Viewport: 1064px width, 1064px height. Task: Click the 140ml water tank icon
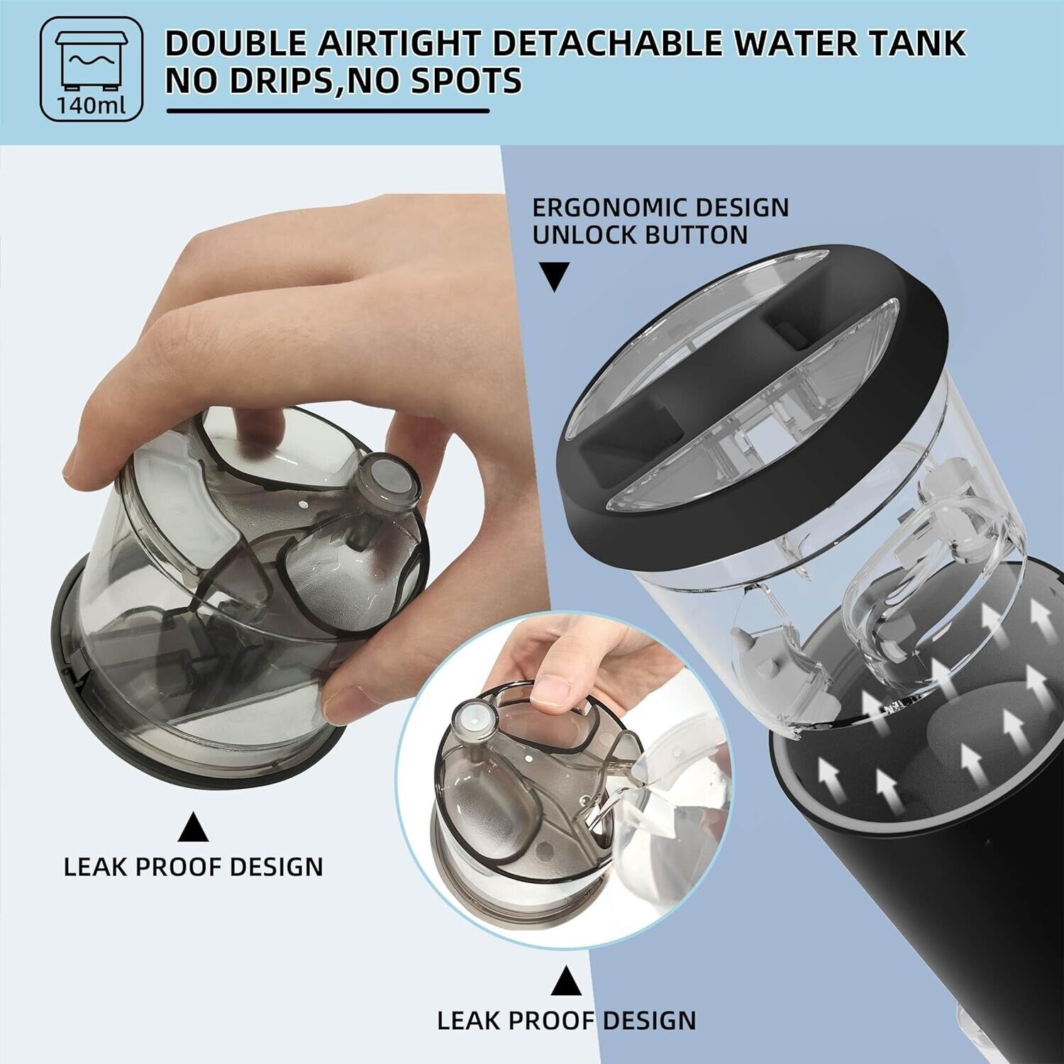pyautogui.click(x=92, y=69)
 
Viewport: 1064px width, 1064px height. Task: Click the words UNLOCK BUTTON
pyautogui.click(x=640, y=235)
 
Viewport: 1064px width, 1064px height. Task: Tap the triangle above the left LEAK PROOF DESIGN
pyautogui.click(x=193, y=827)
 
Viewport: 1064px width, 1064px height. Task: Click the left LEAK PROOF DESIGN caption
pyautogui.click(x=193, y=867)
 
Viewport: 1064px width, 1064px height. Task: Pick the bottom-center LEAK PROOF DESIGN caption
pyautogui.click(x=566, y=1020)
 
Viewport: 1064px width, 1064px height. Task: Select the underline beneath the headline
pyautogui.click(x=328, y=111)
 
